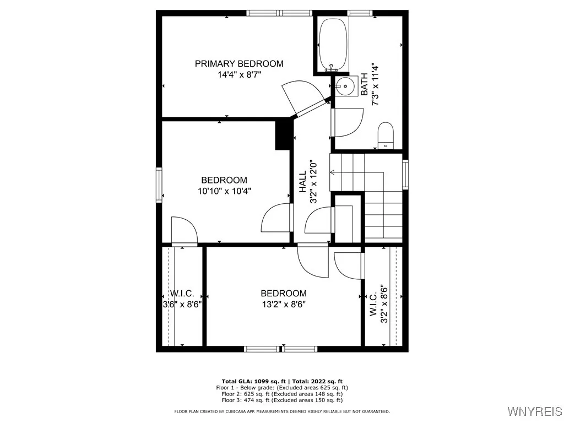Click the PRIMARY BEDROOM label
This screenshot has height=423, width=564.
click(239, 64)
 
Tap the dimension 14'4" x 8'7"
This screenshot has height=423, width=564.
click(239, 75)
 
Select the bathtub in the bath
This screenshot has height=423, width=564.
click(333, 44)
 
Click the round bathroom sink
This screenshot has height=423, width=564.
click(345, 86)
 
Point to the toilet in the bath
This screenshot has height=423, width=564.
click(385, 135)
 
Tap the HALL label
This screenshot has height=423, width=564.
click(303, 182)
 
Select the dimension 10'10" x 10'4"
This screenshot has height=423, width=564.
click(224, 191)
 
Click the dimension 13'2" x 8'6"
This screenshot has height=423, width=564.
click(283, 304)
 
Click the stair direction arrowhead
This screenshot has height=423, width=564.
click(333, 172)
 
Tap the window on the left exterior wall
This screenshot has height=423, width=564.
click(159, 184)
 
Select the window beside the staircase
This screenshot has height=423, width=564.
click(405, 174)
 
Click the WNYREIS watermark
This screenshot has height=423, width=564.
click(534, 411)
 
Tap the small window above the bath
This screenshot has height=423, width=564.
click(359, 13)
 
